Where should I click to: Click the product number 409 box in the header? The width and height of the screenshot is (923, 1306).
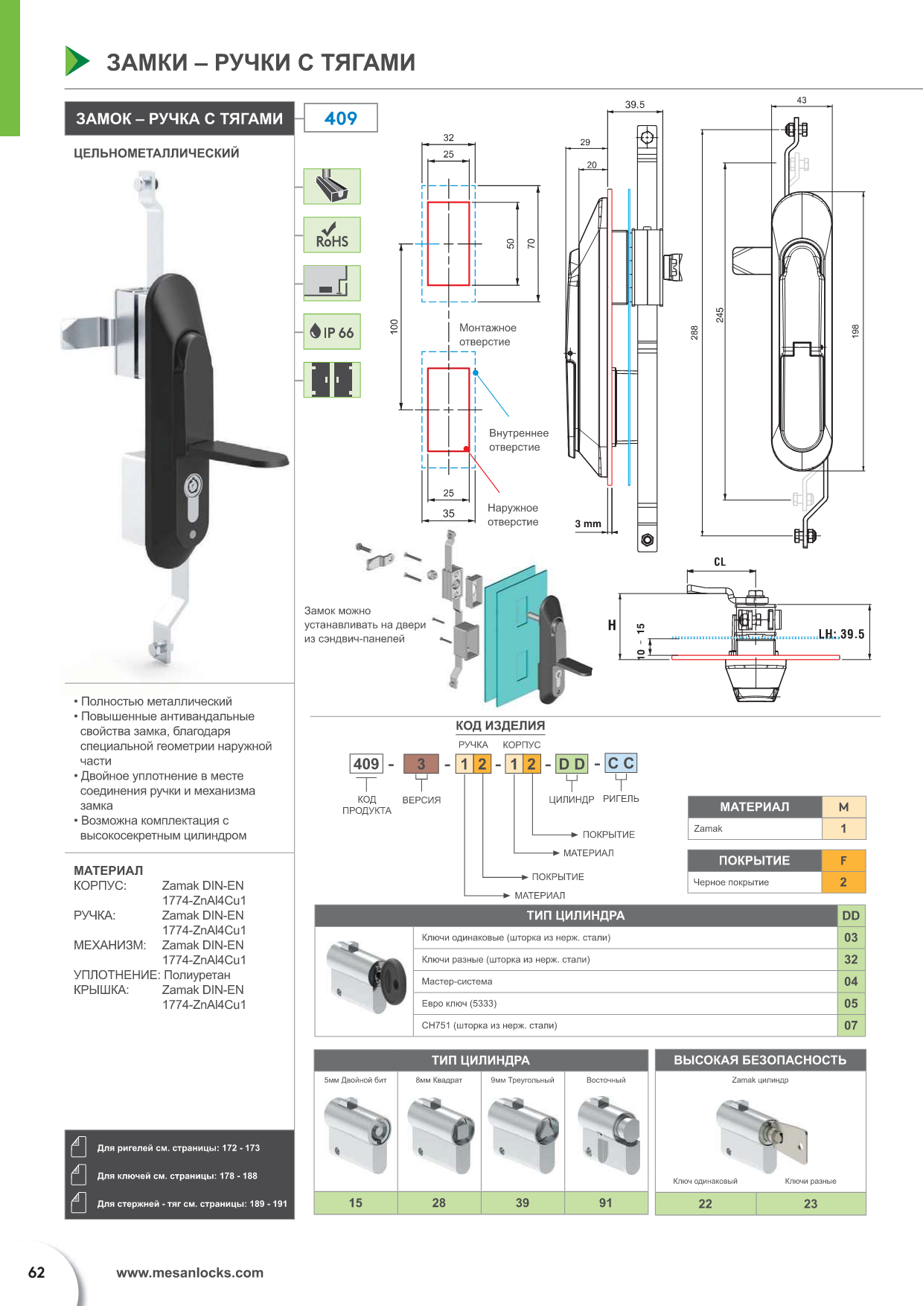click(x=341, y=118)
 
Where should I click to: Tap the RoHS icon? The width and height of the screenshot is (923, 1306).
click(x=332, y=235)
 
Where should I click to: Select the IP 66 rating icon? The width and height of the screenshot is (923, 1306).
click(x=332, y=332)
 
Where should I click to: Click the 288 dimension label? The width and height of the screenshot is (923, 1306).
click(x=694, y=332)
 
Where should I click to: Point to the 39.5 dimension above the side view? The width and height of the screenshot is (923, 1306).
click(x=635, y=105)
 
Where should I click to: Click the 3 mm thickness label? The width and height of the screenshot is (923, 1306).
click(x=588, y=523)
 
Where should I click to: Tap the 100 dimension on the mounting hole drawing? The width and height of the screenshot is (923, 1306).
click(x=395, y=326)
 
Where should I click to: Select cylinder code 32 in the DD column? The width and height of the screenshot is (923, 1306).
click(x=851, y=960)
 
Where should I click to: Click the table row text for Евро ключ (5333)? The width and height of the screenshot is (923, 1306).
click(x=459, y=1004)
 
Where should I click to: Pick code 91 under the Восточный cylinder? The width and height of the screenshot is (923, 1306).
click(x=606, y=1203)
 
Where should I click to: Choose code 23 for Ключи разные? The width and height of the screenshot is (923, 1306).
click(x=811, y=1203)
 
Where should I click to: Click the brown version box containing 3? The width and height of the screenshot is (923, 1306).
click(x=421, y=764)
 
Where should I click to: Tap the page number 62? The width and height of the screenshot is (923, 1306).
click(x=36, y=1272)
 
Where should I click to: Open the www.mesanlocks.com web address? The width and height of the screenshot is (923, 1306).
click(x=190, y=1272)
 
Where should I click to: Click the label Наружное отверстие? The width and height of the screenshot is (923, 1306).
click(x=513, y=515)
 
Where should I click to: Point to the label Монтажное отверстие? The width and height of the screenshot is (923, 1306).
click(x=488, y=334)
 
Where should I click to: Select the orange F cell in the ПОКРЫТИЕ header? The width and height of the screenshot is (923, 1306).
click(x=843, y=861)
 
